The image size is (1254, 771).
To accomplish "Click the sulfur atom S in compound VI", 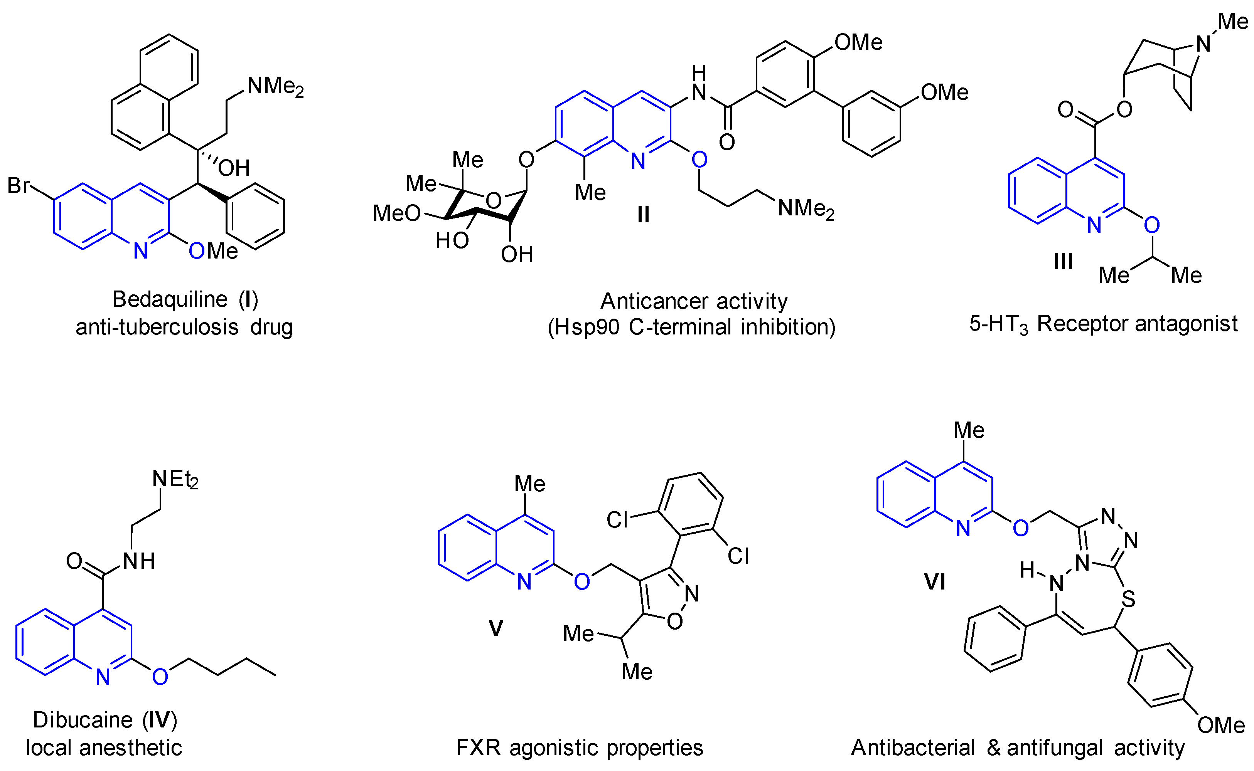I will tap(1128, 599).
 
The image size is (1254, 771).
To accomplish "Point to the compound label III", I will tap(1063, 262).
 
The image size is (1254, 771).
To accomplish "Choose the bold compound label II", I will tap(643, 215).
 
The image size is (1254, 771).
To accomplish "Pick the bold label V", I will tap(496, 628).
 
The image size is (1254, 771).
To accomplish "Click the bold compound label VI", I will tap(935, 582).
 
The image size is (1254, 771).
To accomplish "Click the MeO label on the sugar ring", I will tap(396, 213).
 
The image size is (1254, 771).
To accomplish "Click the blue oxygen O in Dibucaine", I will tap(160, 677).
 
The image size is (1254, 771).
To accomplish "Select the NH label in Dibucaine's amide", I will tap(139, 561).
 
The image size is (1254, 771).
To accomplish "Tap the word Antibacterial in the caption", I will tap(913, 748).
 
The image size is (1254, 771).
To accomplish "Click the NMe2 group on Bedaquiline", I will tap(275, 87).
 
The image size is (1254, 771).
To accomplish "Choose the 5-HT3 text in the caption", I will tap(998, 324).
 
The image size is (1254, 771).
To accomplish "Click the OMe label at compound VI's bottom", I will tap(1221, 725).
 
